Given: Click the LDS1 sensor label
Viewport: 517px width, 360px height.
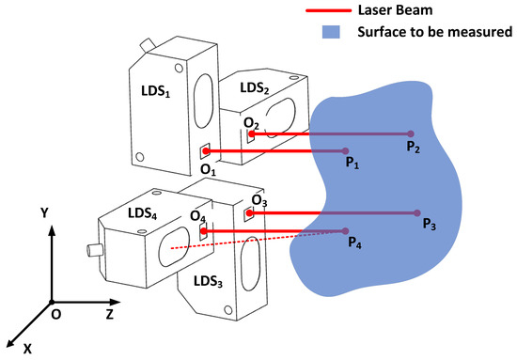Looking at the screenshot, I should [150, 97].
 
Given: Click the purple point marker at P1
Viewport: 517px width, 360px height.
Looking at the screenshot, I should [347, 150].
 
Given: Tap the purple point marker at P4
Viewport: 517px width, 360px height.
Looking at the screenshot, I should [347, 230].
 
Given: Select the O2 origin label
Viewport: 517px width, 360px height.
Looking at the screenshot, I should [251, 123].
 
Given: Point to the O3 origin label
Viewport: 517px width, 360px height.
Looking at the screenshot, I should [259, 200].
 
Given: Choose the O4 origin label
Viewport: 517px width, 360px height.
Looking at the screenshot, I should [197, 218].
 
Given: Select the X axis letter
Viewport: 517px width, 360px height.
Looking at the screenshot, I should [28, 348].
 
